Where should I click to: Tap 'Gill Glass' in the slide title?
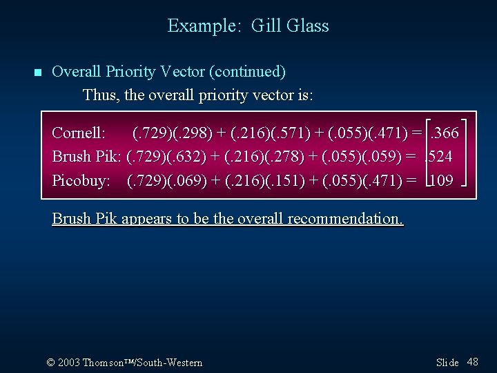point(290,26)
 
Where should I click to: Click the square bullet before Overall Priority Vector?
point(38,73)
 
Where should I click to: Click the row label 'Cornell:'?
point(79,133)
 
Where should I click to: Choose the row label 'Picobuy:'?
point(81,180)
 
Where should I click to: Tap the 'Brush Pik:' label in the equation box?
point(87,157)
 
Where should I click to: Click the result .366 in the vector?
point(445,133)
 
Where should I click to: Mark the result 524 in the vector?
point(440,157)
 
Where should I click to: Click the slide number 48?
point(473,362)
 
